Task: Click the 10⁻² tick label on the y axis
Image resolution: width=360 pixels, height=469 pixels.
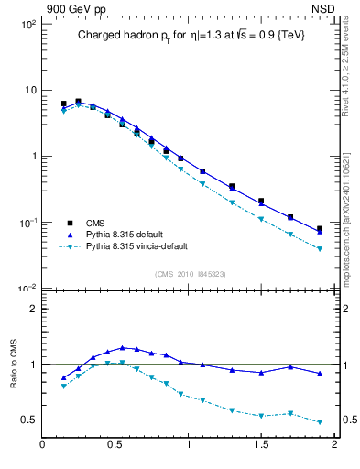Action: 25,289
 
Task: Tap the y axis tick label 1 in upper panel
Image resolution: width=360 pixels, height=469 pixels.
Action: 31,157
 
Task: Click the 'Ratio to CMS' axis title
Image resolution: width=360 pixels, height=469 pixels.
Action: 12,365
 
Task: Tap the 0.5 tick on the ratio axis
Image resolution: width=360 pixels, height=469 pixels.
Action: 27,420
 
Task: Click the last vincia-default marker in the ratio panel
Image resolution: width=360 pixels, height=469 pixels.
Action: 320,422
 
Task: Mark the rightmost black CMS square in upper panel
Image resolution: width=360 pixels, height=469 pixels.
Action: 320,229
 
